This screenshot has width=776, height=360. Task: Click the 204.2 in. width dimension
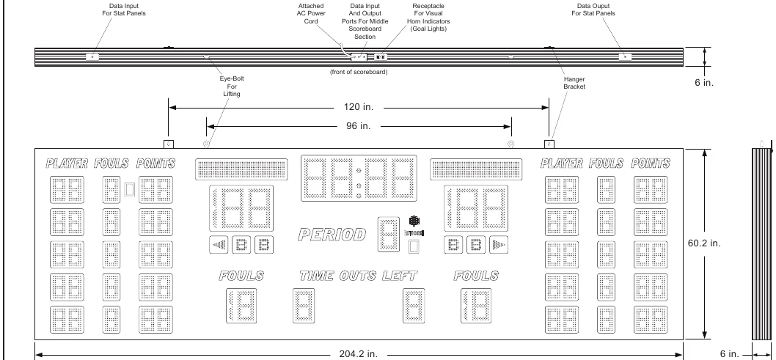(x=359, y=354)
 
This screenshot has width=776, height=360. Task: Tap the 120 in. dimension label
(x=359, y=107)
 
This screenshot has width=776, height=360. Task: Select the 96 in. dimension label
(x=359, y=126)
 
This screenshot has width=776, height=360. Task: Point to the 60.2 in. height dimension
(x=704, y=243)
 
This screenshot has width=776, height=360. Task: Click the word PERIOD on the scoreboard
(x=332, y=235)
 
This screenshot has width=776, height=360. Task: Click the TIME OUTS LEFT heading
(x=359, y=276)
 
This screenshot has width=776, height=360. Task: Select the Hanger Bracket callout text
(x=574, y=83)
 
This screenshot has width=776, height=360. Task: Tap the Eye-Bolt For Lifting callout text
(x=232, y=86)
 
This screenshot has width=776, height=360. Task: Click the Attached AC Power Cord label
(x=311, y=14)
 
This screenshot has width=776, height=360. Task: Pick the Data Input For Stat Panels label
(x=124, y=10)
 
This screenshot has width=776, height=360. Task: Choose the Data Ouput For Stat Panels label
(x=593, y=10)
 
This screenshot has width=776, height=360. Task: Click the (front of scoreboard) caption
(x=359, y=72)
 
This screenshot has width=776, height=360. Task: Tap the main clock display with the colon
(x=359, y=178)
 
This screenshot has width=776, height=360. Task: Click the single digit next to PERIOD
(x=389, y=235)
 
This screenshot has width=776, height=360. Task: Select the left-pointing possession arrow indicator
(x=219, y=245)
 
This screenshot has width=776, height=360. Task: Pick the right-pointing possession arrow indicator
(x=499, y=245)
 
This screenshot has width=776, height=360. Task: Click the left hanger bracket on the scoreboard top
(x=169, y=144)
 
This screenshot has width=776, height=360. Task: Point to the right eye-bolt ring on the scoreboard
(x=511, y=144)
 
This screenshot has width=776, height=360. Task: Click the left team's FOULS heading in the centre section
(x=241, y=276)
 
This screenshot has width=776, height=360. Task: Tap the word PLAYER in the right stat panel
(x=562, y=164)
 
